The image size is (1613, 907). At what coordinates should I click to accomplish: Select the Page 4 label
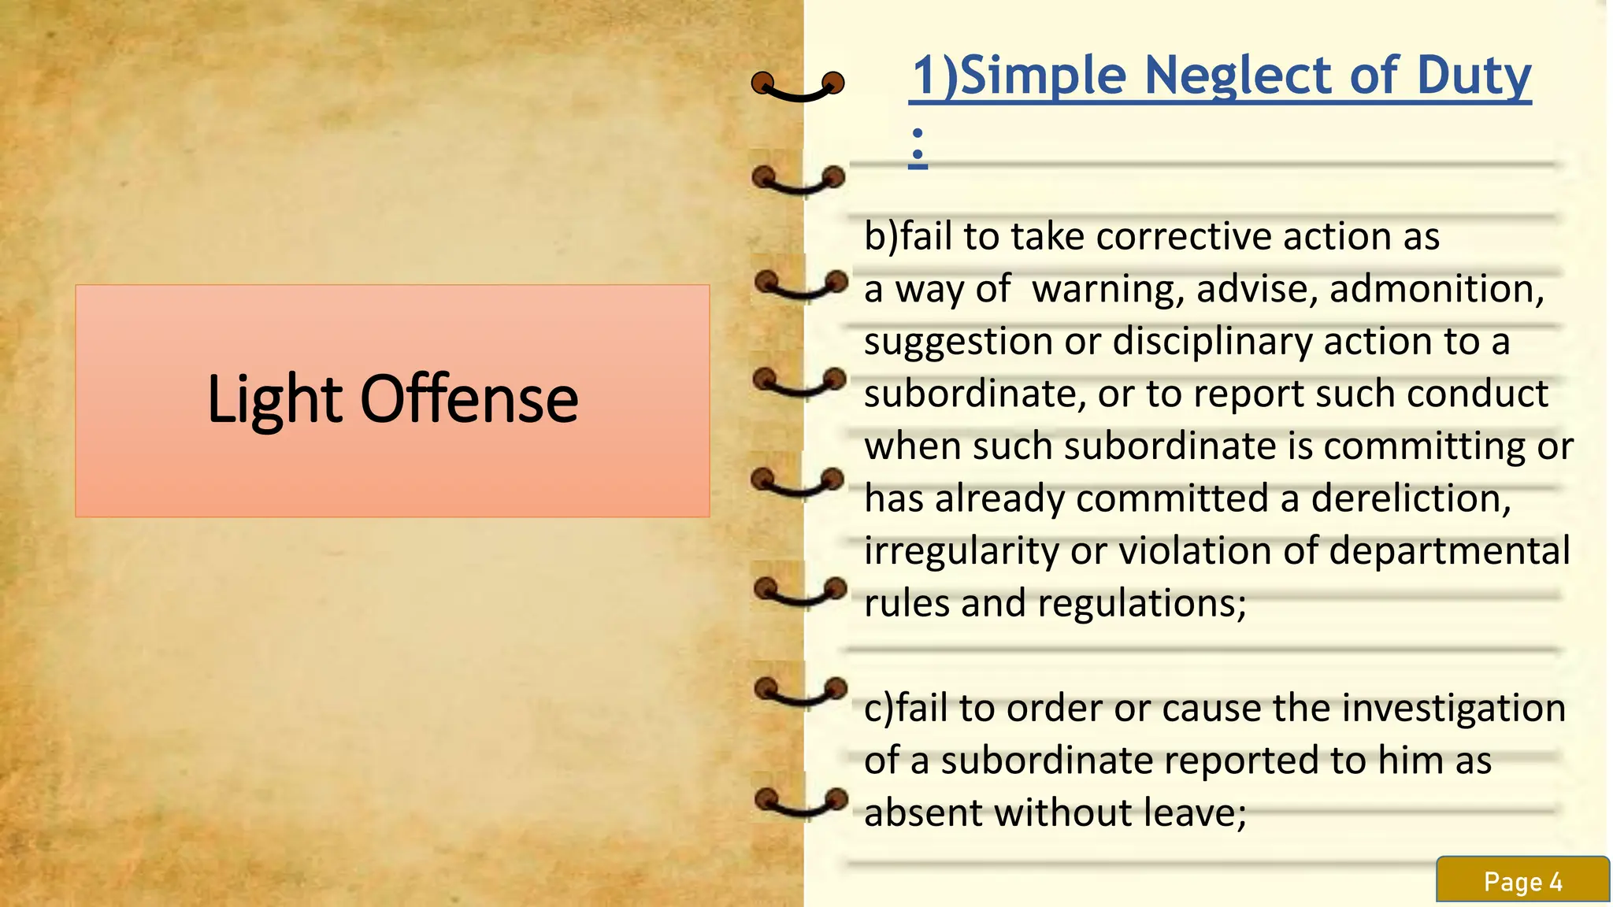[x=1522, y=882]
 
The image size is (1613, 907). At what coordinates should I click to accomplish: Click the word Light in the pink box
[x=274, y=399]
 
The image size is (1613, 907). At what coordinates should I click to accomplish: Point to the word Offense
[x=469, y=399]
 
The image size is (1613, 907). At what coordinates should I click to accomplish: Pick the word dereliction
[x=1411, y=498]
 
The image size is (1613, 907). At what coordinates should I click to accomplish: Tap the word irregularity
[x=961, y=551]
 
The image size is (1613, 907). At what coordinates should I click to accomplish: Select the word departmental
[x=1449, y=550]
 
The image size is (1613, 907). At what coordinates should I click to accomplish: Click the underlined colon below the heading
[x=918, y=147]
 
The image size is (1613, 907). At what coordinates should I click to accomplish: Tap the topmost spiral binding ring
[x=797, y=84]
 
